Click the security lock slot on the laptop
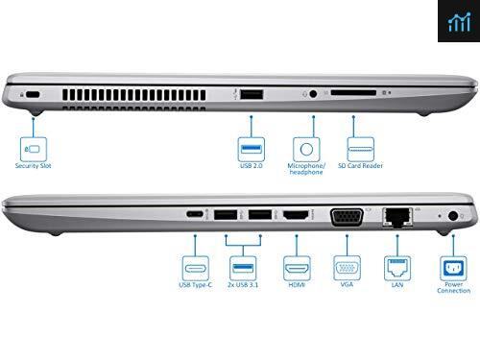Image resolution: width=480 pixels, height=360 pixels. click(x=33, y=95)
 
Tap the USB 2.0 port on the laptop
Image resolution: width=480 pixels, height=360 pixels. click(x=252, y=94)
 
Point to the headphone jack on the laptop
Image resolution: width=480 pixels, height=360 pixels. click(x=313, y=94)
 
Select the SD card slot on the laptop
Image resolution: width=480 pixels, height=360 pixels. click(x=353, y=93)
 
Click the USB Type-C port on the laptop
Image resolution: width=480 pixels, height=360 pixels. click(x=195, y=214)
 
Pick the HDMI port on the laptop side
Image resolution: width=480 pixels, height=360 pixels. click(x=296, y=214)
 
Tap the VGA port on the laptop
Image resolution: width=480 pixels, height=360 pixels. click(x=347, y=217)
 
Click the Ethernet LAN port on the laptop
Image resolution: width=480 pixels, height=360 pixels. click(x=397, y=217)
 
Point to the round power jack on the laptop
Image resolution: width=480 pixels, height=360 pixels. click(x=453, y=216)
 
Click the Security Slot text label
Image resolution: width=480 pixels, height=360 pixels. click(x=34, y=166)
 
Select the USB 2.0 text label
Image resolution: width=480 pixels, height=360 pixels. click(x=252, y=166)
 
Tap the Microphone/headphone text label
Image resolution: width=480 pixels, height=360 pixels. click(x=306, y=169)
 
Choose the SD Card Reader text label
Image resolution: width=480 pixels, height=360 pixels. click(x=360, y=166)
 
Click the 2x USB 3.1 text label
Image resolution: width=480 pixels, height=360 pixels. click(x=243, y=285)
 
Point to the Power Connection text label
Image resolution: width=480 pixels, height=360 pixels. click(x=454, y=288)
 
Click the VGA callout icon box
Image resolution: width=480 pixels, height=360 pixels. click(x=347, y=268)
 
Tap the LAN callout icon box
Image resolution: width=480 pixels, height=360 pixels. click(x=397, y=268)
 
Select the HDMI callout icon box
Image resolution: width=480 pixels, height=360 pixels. click(x=297, y=268)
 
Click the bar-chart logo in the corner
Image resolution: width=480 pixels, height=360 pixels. click(x=459, y=22)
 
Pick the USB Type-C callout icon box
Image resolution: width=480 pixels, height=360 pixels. click(x=195, y=268)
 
